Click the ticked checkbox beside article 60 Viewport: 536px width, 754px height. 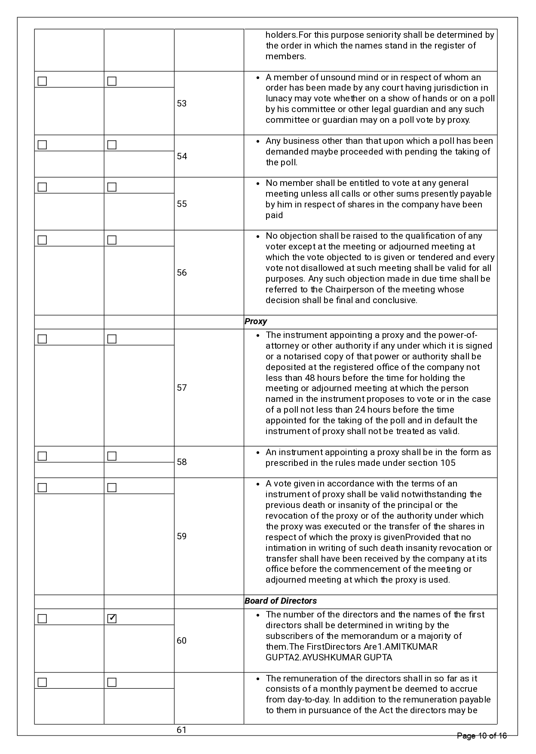click(x=112, y=618)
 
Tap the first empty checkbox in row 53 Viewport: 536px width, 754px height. click(x=42, y=81)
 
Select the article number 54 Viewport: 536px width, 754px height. click(x=182, y=156)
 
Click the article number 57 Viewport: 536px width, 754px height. click(x=182, y=388)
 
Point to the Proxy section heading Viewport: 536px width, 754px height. click(x=256, y=322)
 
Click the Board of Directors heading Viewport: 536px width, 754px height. click(x=281, y=601)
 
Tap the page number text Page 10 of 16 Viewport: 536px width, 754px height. click(x=482, y=736)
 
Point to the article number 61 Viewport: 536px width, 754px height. click(x=182, y=730)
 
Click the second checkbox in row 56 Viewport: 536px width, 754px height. click(x=112, y=240)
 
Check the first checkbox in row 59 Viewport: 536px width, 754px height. click(x=42, y=487)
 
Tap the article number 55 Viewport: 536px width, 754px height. click(x=182, y=204)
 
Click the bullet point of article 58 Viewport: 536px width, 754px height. click(x=257, y=453)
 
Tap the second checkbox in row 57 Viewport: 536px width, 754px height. click(x=112, y=339)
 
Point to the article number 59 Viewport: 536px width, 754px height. click(x=182, y=536)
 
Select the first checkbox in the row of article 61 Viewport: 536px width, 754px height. click(x=42, y=682)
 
